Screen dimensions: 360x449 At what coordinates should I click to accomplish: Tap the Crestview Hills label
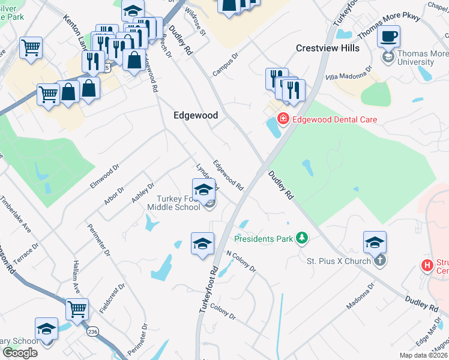[x=327, y=48]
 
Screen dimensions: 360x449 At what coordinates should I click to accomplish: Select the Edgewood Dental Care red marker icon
[x=283, y=119]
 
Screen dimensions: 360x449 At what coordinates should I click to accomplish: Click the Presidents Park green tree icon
[x=301, y=239]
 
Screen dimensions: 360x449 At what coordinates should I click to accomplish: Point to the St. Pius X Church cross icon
[x=379, y=261]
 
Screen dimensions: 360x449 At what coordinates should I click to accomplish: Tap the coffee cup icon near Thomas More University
[x=388, y=35]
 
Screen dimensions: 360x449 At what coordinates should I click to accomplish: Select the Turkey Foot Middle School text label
[x=177, y=203]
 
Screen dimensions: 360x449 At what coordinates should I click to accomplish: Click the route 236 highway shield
[x=92, y=331]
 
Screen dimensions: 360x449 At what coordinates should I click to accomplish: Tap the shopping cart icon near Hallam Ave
[x=77, y=309]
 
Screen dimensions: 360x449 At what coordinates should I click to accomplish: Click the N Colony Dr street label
[x=241, y=262]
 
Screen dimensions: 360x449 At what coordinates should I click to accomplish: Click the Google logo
[x=20, y=353]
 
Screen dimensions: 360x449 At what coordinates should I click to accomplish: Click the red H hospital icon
[x=427, y=264]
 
